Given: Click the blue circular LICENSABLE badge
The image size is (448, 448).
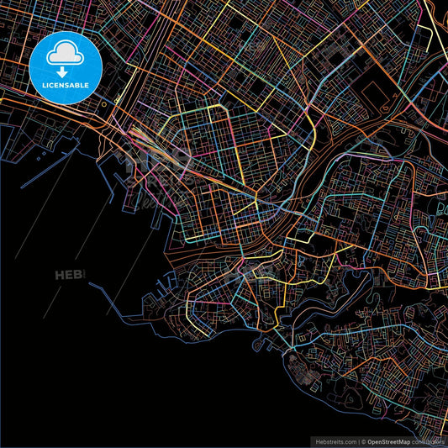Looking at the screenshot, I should tap(66, 68).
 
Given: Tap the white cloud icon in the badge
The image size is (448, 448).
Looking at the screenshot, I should tap(66, 55).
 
